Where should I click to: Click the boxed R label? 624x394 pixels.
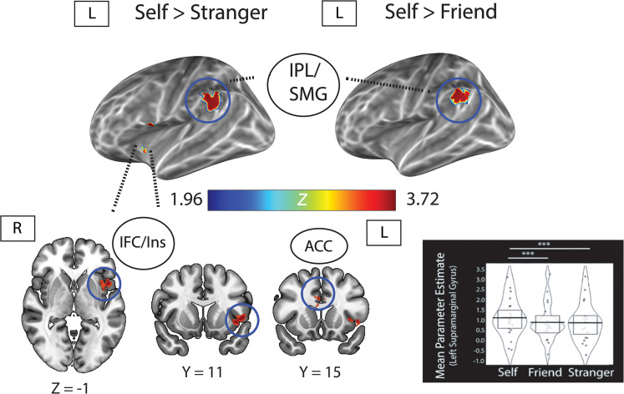(16, 227)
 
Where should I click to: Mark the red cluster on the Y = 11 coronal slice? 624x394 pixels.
(241, 318)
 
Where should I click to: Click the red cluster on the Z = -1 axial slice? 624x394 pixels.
(104, 285)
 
